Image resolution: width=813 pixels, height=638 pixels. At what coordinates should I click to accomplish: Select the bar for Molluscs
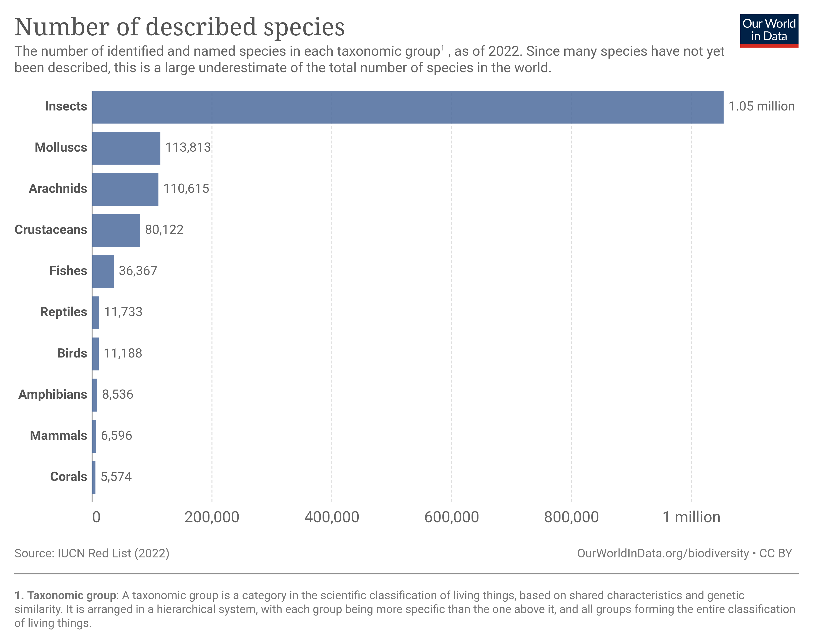(126, 148)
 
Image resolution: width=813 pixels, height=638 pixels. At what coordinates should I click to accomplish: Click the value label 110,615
(186, 189)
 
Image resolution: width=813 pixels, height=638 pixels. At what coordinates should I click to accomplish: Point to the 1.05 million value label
(761, 106)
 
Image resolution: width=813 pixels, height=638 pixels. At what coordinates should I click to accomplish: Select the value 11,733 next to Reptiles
(123, 312)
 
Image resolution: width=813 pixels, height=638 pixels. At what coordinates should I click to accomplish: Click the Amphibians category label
(53, 395)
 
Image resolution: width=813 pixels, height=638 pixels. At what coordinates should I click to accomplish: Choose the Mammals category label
(58, 435)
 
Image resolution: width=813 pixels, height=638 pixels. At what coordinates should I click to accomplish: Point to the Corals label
(68, 477)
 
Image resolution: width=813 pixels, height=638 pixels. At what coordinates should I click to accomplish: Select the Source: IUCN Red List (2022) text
(92, 553)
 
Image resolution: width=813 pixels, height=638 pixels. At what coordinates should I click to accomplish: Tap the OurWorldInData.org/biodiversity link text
(663, 553)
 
